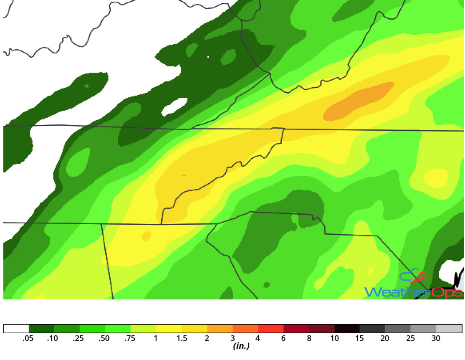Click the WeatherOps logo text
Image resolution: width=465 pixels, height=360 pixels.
coord(413,292)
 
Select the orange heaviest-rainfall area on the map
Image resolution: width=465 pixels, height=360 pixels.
coord(359,101)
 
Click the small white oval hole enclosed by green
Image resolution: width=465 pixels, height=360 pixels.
coord(174,107)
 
